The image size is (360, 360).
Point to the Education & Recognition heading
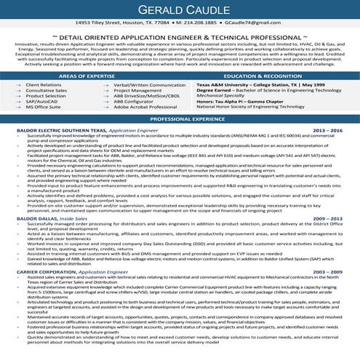pos(269,75)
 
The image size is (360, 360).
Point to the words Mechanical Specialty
pos(221,95)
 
